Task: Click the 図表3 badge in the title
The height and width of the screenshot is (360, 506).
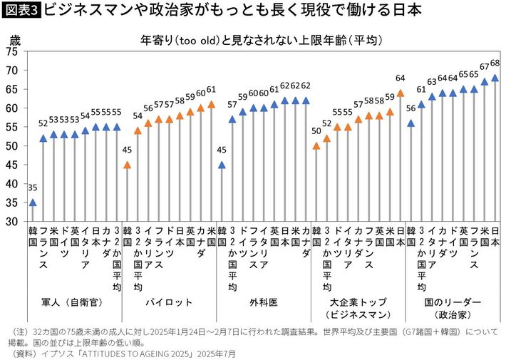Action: click(x=21, y=11)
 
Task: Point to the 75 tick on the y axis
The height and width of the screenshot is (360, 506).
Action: click(x=11, y=51)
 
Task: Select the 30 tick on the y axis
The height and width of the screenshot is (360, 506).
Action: click(x=11, y=222)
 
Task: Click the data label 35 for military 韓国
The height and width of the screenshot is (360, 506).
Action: click(x=33, y=189)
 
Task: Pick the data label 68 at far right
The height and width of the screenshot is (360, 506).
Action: click(x=495, y=63)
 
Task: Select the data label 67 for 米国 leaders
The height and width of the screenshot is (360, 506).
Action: click(x=485, y=68)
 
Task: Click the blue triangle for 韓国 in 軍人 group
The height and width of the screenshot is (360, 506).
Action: click(x=33, y=202)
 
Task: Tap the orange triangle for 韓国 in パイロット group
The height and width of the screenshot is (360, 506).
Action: click(x=128, y=165)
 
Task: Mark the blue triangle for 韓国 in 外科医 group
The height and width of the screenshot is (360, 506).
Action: click(x=222, y=165)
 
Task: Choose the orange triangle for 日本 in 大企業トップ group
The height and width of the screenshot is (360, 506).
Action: click(x=400, y=93)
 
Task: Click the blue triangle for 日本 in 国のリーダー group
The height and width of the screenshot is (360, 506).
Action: click(x=495, y=78)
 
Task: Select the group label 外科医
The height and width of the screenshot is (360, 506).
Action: click(x=264, y=302)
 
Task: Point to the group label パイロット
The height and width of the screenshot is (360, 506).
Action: click(x=169, y=302)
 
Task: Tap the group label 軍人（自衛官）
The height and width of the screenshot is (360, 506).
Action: click(x=74, y=302)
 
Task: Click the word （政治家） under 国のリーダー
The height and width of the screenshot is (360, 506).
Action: click(x=453, y=314)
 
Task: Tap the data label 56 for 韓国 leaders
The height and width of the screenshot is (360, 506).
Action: click(x=411, y=108)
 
